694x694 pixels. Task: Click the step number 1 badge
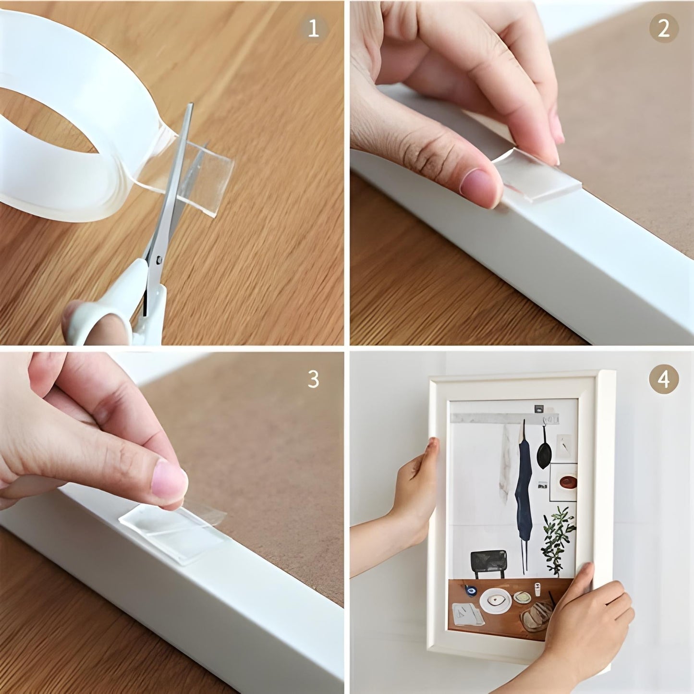313,30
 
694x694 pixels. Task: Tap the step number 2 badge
663,30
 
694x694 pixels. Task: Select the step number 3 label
313,379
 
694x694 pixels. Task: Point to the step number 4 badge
663,379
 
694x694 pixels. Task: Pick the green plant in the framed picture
558,533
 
